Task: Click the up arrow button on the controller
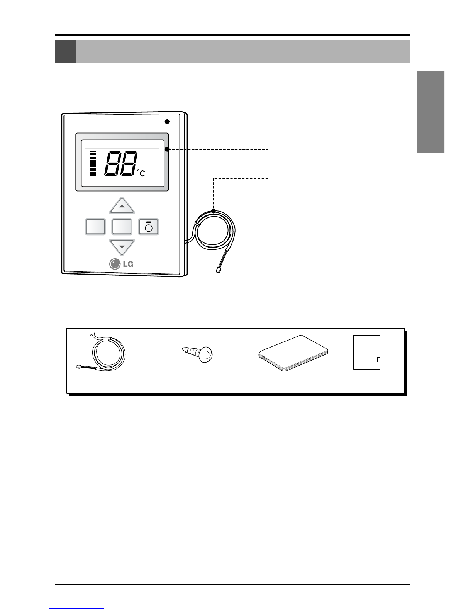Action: pyautogui.click(x=122, y=206)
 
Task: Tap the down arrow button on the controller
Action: pyautogui.click(x=122, y=247)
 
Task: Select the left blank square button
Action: pyautogui.click(x=95, y=227)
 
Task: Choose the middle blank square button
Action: pyautogui.click(x=122, y=227)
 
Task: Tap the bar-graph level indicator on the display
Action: pyautogui.click(x=92, y=164)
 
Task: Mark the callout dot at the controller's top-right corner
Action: pyautogui.click(x=167, y=122)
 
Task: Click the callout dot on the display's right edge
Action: pyautogui.click(x=167, y=149)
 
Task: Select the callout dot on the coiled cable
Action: pyautogui.click(x=214, y=211)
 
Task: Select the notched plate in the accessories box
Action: pyautogui.click(x=367, y=352)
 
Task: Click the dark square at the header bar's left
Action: pyautogui.click(x=66, y=51)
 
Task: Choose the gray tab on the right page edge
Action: pyautogui.click(x=431, y=112)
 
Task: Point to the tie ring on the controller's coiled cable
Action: pyautogui.click(x=197, y=224)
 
